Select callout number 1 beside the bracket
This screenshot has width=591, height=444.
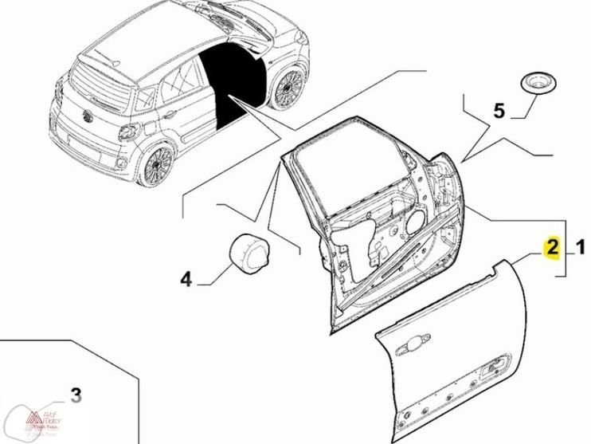click(x=580, y=249)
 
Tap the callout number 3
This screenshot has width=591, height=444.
click(x=76, y=394)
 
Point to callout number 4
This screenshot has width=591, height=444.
click(x=185, y=279)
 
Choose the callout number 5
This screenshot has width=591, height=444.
click(x=499, y=111)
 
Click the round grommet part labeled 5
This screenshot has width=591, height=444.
click(x=534, y=84)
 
